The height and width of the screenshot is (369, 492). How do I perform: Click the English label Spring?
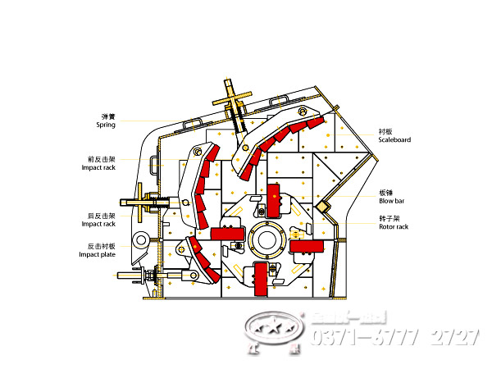(x=107, y=125)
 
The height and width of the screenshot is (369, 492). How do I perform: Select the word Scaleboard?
(x=394, y=140)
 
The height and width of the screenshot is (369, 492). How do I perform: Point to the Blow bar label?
(x=392, y=201)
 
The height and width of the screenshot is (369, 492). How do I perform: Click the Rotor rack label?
(x=394, y=226)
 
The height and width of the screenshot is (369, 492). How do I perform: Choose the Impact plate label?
(x=97, y=254)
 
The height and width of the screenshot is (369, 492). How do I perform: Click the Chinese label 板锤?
(x=385, y=193)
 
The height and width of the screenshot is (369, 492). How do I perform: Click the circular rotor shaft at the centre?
(x=266, y=239)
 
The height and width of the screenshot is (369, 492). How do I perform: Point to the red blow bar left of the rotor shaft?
(x=225, y=233)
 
